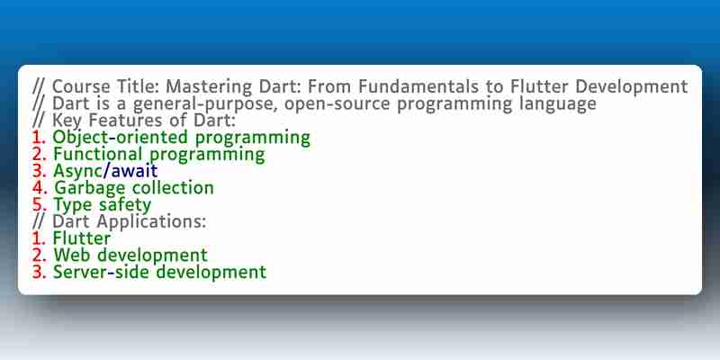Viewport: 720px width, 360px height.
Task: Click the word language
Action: (554, 104)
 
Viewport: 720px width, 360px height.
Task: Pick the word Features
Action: (120, 121)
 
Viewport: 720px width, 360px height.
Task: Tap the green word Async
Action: (77, 171)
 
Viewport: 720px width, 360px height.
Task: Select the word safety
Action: (125, 205)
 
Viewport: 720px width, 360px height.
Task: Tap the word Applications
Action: (151, 222)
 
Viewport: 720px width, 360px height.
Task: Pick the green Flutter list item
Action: (82, 238)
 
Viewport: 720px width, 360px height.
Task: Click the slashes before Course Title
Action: (39, 86)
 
